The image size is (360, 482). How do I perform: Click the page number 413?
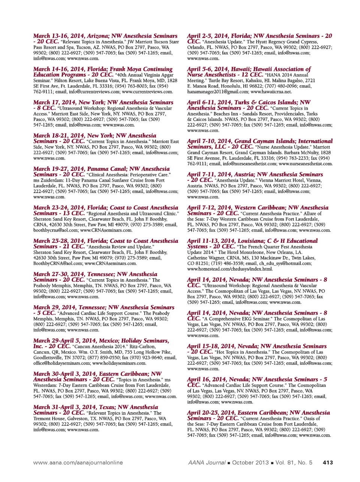[x=327, y=462]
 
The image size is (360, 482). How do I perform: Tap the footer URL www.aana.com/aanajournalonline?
[x=78, y=462]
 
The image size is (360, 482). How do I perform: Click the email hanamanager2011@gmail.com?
[x=218, y=92]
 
